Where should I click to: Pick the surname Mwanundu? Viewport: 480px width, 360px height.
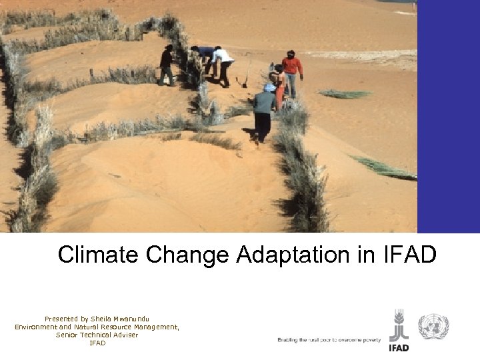136,319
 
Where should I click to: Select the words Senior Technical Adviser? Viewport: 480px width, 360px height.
97,335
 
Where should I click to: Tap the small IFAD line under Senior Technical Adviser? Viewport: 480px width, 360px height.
97,343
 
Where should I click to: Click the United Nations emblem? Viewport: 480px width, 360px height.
433,327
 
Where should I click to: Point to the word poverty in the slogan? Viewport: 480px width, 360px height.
370,340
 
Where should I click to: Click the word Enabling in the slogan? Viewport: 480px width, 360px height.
289,340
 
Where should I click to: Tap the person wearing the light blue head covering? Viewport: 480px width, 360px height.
264,110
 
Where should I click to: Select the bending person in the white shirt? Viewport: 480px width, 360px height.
223,64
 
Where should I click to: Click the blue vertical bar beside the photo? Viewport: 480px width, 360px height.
448,117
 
